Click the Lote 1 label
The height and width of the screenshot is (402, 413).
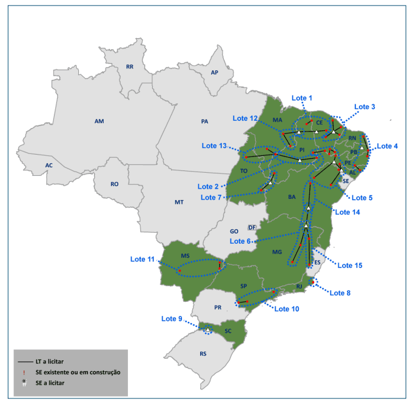pos(302,98)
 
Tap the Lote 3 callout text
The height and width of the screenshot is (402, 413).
pos(364,107)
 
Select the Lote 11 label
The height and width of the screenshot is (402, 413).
pos(142,259)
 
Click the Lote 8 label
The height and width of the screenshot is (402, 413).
pos(340,293)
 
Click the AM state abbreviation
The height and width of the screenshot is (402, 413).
pos(99,121)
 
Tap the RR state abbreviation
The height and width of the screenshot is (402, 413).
pos(129,67)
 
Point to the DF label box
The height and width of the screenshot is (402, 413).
pos(252,227)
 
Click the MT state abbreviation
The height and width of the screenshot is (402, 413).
pos(179,202)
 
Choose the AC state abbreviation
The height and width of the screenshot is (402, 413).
pos(49,165)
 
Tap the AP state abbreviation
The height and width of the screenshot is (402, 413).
pos(214,73)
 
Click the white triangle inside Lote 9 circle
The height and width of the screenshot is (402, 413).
pos(207,330)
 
